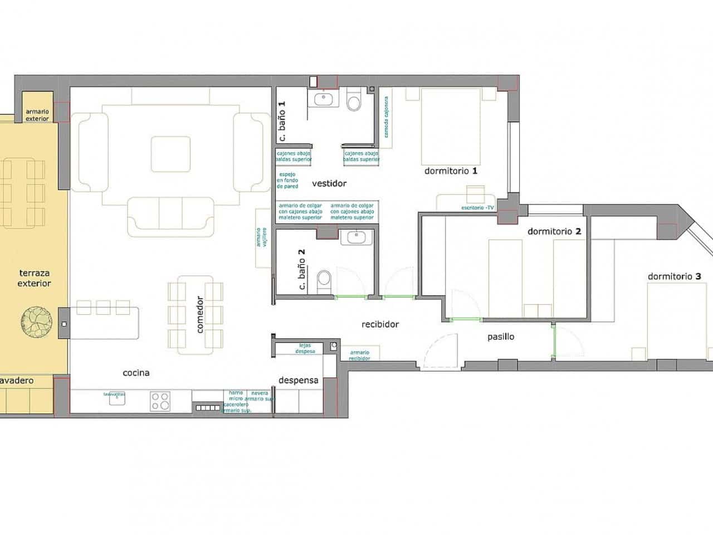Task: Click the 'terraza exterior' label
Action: tap(34, 278)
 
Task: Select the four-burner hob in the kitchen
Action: tap(160, 401)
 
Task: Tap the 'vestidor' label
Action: tap(329, 183)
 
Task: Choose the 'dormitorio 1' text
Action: tap(451, 171)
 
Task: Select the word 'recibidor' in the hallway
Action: tap(380, 324)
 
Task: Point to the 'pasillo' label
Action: tap(501, 337)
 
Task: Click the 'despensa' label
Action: tap(298, 380)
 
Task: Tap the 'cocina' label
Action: tap(136, 373)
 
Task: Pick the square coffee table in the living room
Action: tap(170, 153)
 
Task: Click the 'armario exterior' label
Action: tap(37, 115)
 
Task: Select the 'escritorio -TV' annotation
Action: tap(477, 208)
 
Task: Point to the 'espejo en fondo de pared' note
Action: tap(288, 180)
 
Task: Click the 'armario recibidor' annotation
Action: tap(359, 355)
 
